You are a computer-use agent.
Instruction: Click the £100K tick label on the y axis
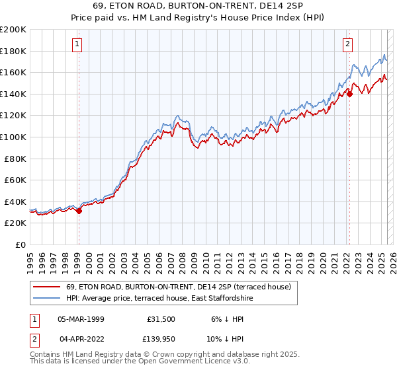[13, 137]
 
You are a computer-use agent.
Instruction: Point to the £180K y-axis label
[13, 51]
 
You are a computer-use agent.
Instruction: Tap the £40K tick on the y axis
[16, 202]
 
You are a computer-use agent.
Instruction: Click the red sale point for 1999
[79, 211]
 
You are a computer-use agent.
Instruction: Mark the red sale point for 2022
[350, 94]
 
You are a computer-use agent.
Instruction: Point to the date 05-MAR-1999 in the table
[81, 318]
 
